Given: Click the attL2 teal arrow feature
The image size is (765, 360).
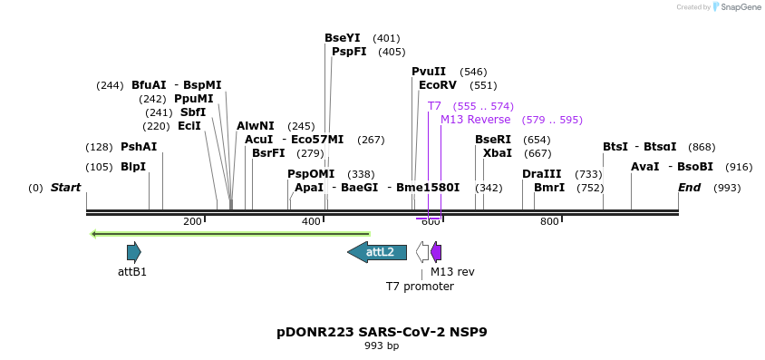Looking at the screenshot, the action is (377, 252).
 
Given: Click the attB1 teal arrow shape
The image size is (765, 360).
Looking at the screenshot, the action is (133, 252).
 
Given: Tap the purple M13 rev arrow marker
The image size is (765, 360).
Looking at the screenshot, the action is (436, 252).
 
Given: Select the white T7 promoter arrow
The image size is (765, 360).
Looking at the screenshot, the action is (422, 252).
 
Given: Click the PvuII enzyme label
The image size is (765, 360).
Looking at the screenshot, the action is (429, 72).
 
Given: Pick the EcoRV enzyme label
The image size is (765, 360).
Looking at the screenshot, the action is (438, 85).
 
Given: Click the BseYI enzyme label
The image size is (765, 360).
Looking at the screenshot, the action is (343, 38).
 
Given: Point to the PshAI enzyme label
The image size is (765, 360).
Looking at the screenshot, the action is (139, 147).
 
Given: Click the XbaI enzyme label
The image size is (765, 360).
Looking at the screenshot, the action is (498, 153).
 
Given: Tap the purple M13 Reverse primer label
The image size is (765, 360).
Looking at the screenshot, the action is (476, 120).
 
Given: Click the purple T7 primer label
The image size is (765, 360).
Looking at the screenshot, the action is (434, 106).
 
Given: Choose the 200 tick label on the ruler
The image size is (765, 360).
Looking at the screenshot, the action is (192, 222).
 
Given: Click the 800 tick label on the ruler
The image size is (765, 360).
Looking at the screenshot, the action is (549, 222).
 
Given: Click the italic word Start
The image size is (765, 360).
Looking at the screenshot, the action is (65, 188).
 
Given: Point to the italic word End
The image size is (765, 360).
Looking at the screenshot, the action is (689, 188).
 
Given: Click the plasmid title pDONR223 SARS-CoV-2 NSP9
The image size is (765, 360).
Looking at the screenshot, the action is (382, 332).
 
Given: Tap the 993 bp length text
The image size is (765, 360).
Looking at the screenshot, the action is (382, 346).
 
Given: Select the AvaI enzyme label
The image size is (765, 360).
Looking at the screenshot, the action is (644, 167).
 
